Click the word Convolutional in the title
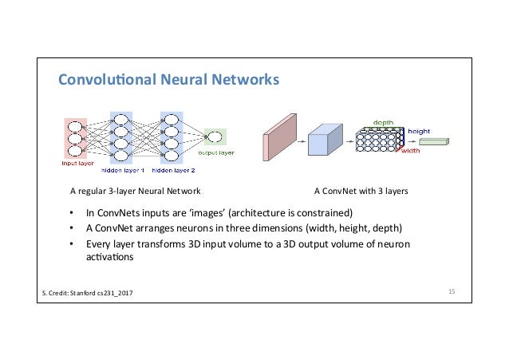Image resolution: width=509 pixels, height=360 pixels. point(107,80)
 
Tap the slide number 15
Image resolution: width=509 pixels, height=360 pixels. point(452,291)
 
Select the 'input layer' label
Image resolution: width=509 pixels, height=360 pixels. point(77,163)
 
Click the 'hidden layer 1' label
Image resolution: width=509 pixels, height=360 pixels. point(122,170)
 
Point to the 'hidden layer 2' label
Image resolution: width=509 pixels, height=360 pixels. point(173,170)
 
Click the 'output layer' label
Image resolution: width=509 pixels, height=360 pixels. point(216,152)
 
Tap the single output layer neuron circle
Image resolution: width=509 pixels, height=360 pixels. point(215,137)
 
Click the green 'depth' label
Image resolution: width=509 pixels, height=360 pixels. point(383,122)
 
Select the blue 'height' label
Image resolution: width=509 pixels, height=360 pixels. point(419,131)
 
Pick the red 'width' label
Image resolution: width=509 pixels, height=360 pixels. point(411,151)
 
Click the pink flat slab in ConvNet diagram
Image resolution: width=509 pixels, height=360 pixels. point(279,137)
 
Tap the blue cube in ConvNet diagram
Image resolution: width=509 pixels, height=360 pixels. point(325,140)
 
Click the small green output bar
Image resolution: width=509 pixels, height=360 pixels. point(434,141)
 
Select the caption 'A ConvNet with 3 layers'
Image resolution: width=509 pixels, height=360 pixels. point(361,191)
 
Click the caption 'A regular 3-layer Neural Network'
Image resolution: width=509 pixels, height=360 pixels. point(136,191)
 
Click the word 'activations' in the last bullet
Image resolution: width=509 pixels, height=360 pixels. point(110,257)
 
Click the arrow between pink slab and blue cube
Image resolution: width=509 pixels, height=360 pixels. point(302,141)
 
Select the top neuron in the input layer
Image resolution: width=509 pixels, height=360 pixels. point(75,127)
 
